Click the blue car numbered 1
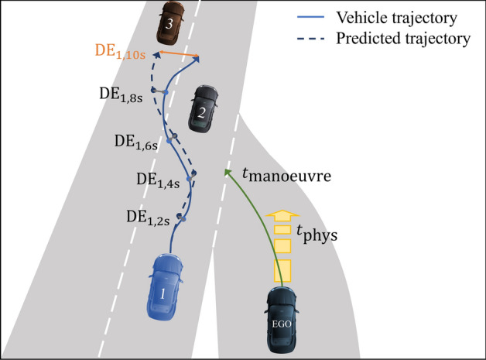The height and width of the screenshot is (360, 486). coord(164,286)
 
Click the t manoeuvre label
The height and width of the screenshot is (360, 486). coord(287,176)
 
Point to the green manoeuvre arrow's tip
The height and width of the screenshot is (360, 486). coord(227,172)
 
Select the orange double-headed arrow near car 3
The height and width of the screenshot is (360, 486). coord(177,55)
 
